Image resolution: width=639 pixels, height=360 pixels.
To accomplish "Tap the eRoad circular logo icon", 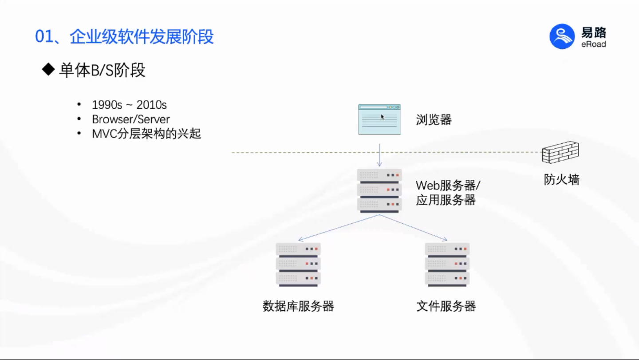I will (x=562, y=36).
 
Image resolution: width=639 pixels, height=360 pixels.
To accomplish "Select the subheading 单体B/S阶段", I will (x=102, y=70).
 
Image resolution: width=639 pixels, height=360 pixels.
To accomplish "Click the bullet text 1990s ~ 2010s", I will (x=129, y=105).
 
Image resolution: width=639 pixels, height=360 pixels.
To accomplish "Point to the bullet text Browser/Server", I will (x=131, y=119).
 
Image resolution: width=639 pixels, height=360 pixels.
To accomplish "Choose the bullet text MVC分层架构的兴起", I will (x=146, y=133).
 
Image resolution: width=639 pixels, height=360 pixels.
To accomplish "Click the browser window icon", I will (x=379, y=119).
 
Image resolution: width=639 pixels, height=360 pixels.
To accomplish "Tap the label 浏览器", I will (x=434, y=119).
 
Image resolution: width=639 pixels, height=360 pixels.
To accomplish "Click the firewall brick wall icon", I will (x=560, y=153).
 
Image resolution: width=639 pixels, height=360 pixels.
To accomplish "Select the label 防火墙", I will (x=562, y=179).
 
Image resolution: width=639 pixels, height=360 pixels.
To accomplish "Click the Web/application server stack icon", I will (x=379, y=190).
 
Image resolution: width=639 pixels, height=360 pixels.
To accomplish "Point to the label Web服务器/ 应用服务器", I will (x=447, y=192).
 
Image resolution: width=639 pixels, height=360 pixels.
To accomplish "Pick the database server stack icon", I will (x=298, y=265).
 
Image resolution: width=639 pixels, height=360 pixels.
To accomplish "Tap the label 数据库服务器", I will (x=298, y=306).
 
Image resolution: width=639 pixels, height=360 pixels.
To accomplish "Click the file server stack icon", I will (x=447, y=265).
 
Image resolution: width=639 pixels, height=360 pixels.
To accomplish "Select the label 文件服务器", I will (x=446, y=306).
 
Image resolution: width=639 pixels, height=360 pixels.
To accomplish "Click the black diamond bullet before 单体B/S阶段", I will (x=47, y=70).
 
